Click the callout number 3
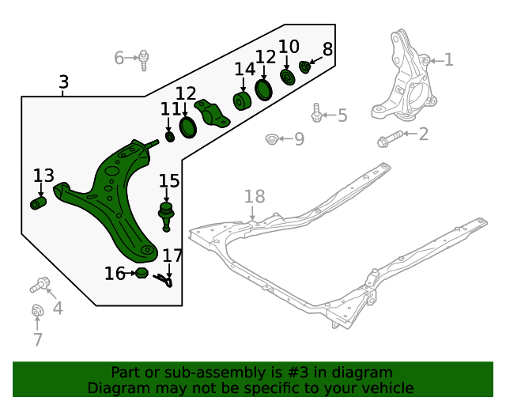tap(63, 82)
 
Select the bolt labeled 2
tap(389, 141)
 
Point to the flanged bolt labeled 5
tap(317, 114)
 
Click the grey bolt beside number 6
tap(144, 58)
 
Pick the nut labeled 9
tap(271, 140)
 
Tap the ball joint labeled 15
tap(166, 214)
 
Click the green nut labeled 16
tap(142, 273)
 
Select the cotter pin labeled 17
tap(165, 279)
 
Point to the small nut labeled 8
tap(305, 66)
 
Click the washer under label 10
tap(287, 77)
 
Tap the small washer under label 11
tap(169, 137)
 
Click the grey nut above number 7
tap(36, 311)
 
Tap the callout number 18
tap(254, 197)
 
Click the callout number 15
tap(169, 181)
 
